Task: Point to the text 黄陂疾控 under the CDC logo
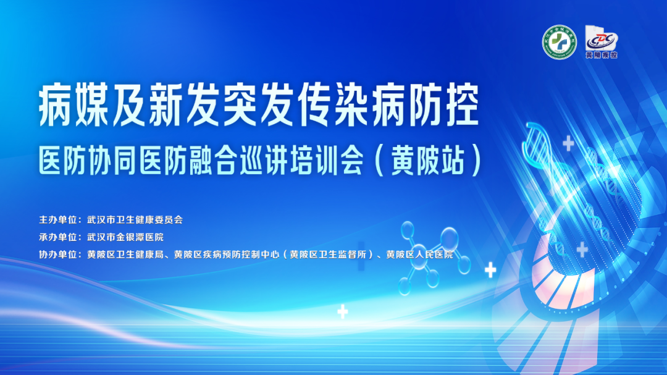pos(601,54)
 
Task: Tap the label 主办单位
pos(59,219)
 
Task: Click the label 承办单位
pos(59,237)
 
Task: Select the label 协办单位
pos(59,254)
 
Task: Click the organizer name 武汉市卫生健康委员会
pos(135,219)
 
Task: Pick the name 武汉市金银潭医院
pos(125,237)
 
